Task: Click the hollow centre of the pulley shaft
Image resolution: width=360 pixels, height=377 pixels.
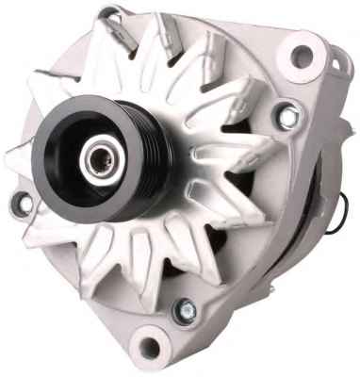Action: coord(94,159)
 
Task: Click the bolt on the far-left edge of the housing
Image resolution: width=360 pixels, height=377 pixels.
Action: coord(20,202)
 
